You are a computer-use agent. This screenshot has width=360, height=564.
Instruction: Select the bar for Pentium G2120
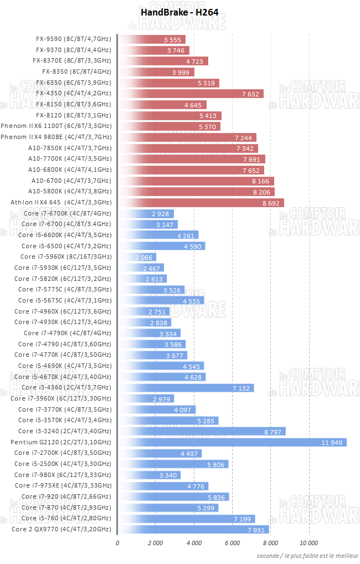232,442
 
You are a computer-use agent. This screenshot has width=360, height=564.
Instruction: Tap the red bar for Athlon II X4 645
201,203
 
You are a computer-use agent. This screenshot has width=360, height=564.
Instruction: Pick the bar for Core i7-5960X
137,257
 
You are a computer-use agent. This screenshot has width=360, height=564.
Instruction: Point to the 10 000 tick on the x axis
308,543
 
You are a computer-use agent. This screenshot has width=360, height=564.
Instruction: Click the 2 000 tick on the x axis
155,543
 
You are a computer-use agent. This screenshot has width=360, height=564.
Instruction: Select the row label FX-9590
73,39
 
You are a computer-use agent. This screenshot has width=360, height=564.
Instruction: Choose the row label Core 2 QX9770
61,529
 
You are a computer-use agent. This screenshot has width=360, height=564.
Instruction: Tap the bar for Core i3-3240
202,431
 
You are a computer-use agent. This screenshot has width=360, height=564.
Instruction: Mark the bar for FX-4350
191,94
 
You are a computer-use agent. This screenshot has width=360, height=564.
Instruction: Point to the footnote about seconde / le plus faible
307,556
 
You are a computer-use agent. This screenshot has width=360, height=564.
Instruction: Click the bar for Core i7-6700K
146,213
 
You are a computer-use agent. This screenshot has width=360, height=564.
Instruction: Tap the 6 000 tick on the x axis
232,543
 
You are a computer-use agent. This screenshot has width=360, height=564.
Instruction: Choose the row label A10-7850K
69,148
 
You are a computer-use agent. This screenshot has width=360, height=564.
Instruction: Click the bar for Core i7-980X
149,475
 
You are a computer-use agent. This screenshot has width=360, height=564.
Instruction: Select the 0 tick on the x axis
117,543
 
